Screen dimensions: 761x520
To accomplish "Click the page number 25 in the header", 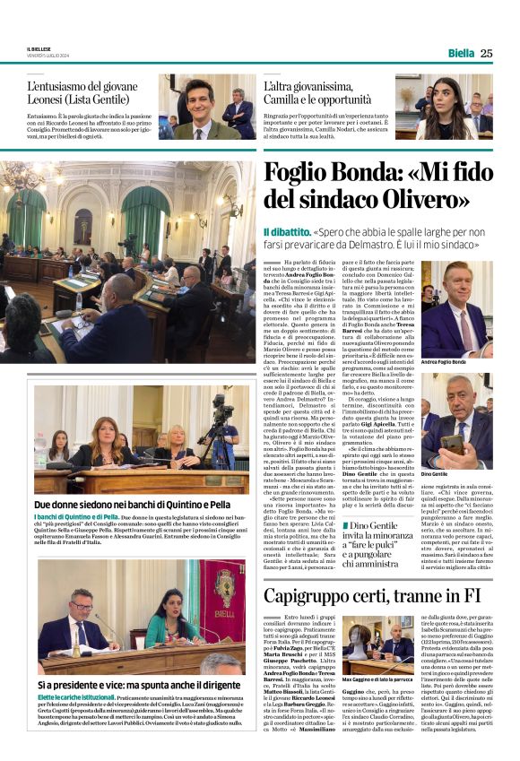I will pyautogui.click(x=485, y=53).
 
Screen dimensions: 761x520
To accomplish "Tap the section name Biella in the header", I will pyautogui.click(x=460, y=53).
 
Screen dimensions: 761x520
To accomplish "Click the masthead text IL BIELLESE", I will pyautogui.click(x=41, y=50).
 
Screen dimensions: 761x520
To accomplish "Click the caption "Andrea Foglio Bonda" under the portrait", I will pyautogui.click(x=443, y=362).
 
